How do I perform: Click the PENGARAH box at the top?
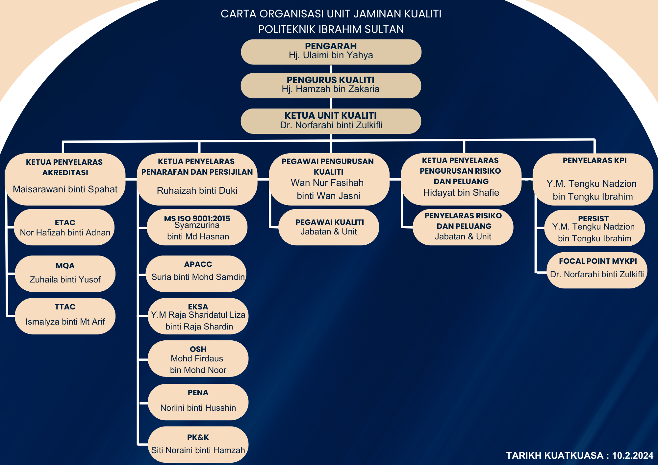331,52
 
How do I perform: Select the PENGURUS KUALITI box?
331,86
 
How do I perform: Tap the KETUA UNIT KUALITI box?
331,121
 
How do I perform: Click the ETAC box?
64,227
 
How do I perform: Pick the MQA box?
65,274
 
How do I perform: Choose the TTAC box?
65,316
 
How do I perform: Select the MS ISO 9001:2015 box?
197,227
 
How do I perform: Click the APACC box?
196,274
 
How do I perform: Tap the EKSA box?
198,316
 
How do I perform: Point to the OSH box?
198,358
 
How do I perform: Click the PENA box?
198,402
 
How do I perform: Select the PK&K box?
198,444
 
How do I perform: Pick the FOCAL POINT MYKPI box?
597,270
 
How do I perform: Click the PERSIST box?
595,228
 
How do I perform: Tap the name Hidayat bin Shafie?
461,192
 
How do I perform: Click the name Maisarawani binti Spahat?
65,189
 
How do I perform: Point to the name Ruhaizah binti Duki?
197,190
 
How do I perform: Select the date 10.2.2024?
633,455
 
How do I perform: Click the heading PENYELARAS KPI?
595,160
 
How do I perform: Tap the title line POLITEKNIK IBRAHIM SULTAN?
331,29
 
